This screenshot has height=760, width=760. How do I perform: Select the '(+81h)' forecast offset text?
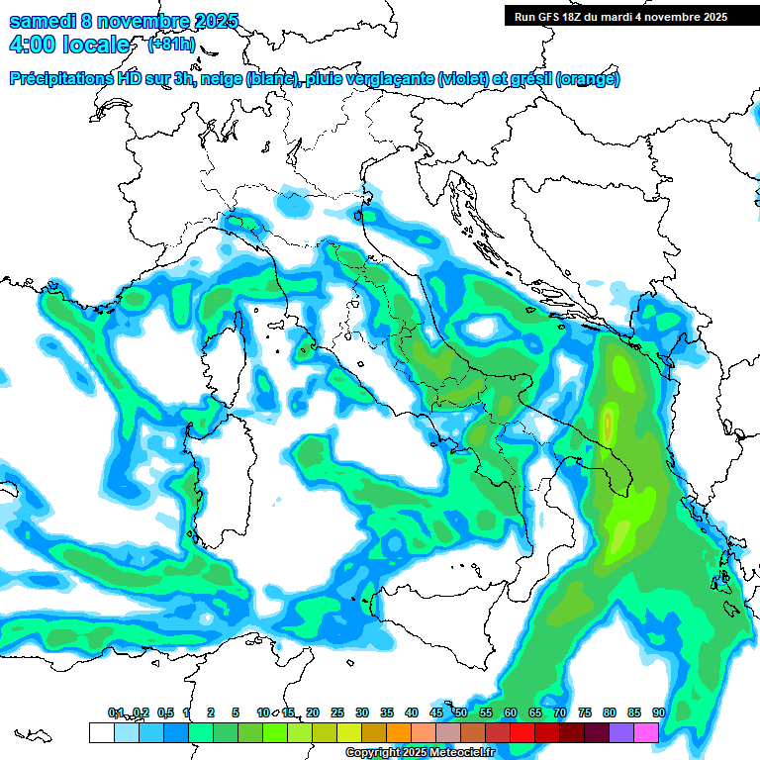(x=171, y=45)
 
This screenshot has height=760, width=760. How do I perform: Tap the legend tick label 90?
(x=658, y=712)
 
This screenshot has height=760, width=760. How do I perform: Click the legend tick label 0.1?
(x=116, y=712)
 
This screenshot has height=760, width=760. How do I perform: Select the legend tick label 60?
(x=510, y=712)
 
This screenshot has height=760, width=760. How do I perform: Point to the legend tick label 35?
(x=386, y=712)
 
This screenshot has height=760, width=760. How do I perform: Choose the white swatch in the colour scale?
(x=101, y=732)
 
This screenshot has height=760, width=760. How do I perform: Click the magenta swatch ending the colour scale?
(x=646, y=732)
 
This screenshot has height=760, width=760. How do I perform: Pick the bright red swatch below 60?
(x=522, y=732)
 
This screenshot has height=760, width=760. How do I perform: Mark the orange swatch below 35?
(x=398, y=732)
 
